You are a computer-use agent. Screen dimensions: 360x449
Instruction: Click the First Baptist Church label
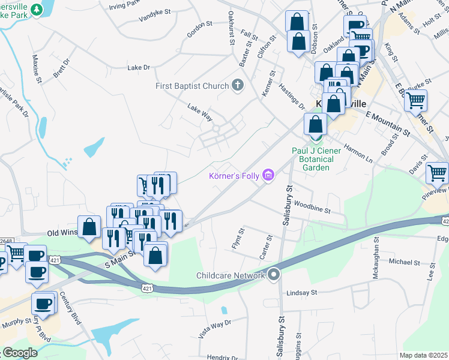(192, 86)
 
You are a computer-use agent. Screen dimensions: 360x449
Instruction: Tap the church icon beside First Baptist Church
(238, 85)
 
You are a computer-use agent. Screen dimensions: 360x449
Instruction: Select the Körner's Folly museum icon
(268, 176)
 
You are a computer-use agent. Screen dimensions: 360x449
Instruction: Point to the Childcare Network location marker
(274, 275)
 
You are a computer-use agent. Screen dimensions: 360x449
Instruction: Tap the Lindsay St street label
(301, 292)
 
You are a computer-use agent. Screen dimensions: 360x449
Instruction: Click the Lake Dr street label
(138, 68)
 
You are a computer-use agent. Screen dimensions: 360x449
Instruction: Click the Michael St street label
(404, 262)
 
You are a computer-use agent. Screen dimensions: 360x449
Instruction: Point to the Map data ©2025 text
(423, 355)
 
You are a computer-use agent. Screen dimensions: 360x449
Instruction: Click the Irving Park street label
(125, 6)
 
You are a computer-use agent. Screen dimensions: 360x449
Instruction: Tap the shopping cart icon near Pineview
(437, 174)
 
